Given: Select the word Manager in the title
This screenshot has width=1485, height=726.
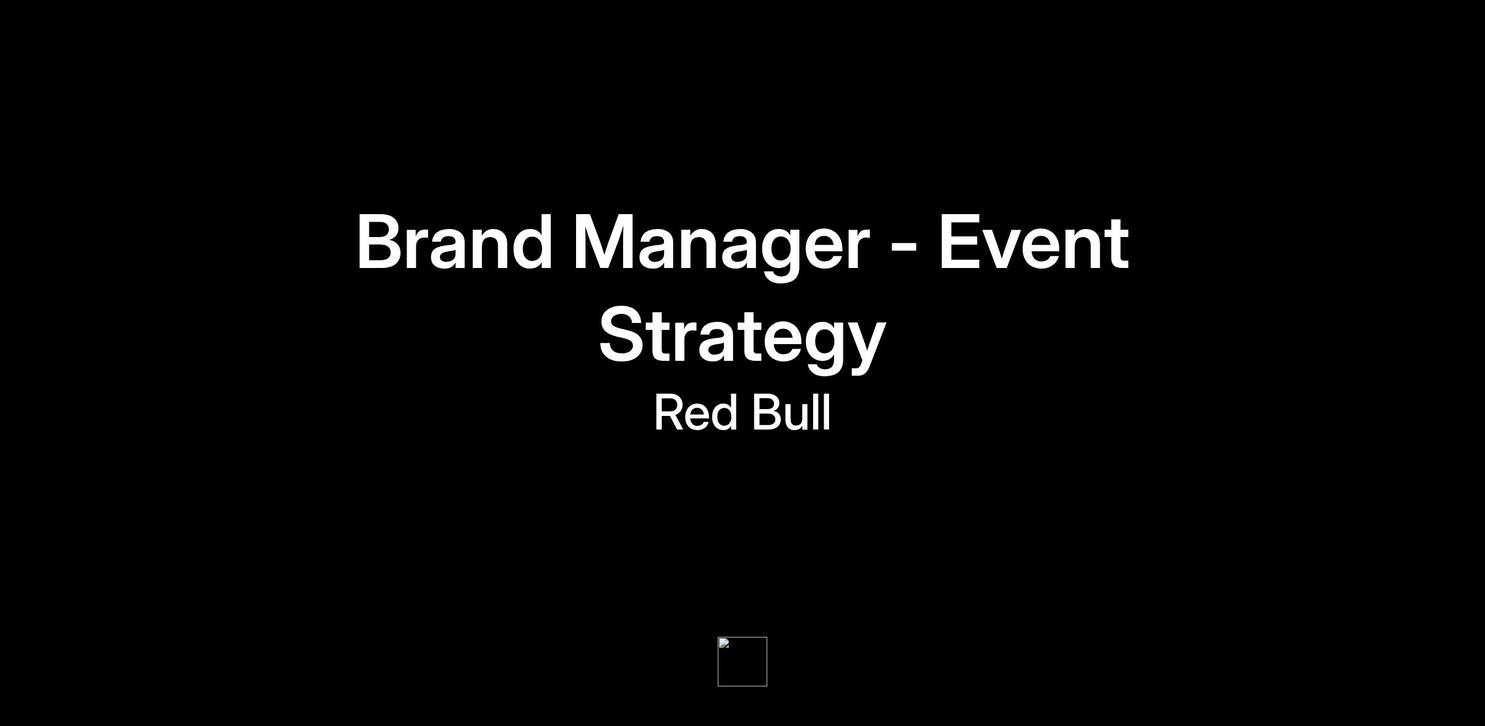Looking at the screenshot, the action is click(721, 247).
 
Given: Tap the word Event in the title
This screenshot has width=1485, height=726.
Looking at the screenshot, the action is click(1034, 243).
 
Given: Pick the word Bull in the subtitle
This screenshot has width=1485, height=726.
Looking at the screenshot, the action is click(791, 412).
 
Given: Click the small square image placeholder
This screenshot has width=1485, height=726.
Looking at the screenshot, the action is click(742, 662).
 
